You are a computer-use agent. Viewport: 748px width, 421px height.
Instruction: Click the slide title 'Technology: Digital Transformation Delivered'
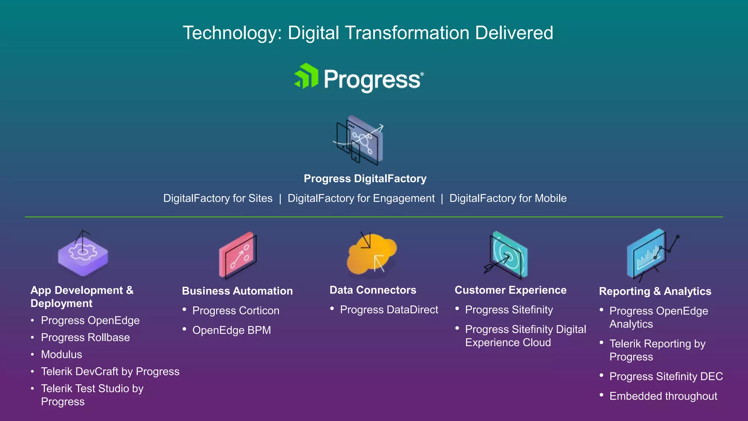pos(368,33)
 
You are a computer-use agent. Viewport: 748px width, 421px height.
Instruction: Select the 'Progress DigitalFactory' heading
pos(365,179)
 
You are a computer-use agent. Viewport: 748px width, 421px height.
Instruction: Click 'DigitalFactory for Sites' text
pos(218,198)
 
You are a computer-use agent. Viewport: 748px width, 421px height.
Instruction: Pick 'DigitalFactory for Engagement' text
pos(361,198)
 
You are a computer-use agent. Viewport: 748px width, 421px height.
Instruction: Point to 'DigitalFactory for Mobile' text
pos(508,198)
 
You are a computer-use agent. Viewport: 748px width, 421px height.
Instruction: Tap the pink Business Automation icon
pos(238,255)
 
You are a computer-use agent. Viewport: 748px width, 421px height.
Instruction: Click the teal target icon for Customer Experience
pos(508,255)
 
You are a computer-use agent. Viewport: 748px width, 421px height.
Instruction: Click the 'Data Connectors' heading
pos(373,290)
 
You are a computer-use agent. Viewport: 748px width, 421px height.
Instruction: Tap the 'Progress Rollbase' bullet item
pos(85,338)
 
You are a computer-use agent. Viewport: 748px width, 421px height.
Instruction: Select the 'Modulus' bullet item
pos(61,354)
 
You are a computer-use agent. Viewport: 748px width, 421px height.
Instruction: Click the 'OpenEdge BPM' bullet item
pos(232,330)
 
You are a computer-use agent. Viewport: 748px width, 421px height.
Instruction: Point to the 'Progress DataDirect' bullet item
pos(389,310)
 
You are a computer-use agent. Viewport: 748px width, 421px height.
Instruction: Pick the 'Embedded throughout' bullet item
pos(663,396)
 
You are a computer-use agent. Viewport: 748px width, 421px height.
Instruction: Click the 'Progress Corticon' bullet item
pos(236,311)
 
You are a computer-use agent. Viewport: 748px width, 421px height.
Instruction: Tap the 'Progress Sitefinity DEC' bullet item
pos(666,376)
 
